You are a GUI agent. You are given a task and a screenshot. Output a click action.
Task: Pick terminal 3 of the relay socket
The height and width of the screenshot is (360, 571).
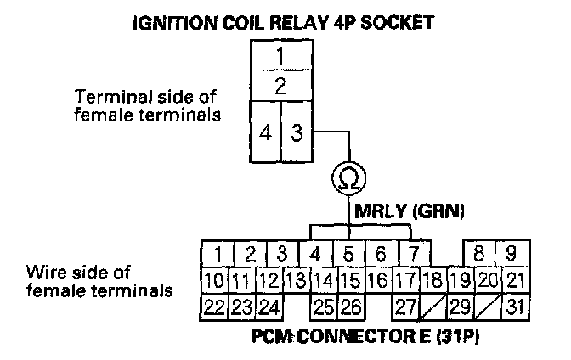(x=296, y=133)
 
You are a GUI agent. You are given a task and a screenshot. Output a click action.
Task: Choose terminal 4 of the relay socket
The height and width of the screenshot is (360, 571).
(x=266, y=133)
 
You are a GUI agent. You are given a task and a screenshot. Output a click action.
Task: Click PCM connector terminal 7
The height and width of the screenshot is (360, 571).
(x=412, y=253)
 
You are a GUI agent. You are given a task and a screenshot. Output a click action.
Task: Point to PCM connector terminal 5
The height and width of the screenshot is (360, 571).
(x=348, y=253)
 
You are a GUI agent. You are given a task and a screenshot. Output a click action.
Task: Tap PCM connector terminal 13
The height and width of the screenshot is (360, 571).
(x=296, y=278)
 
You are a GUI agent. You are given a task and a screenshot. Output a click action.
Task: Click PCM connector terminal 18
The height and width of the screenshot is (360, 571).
(x=432, y=278)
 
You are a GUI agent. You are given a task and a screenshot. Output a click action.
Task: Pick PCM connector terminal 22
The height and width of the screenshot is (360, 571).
(x=216, y=305)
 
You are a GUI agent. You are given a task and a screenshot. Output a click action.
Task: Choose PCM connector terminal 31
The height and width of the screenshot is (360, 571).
(x=513, y=305)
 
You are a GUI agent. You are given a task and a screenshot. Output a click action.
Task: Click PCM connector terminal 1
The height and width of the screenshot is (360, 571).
(x=218, y=253)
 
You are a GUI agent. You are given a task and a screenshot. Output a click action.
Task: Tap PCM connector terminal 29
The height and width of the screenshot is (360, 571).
(x=460, y=305)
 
